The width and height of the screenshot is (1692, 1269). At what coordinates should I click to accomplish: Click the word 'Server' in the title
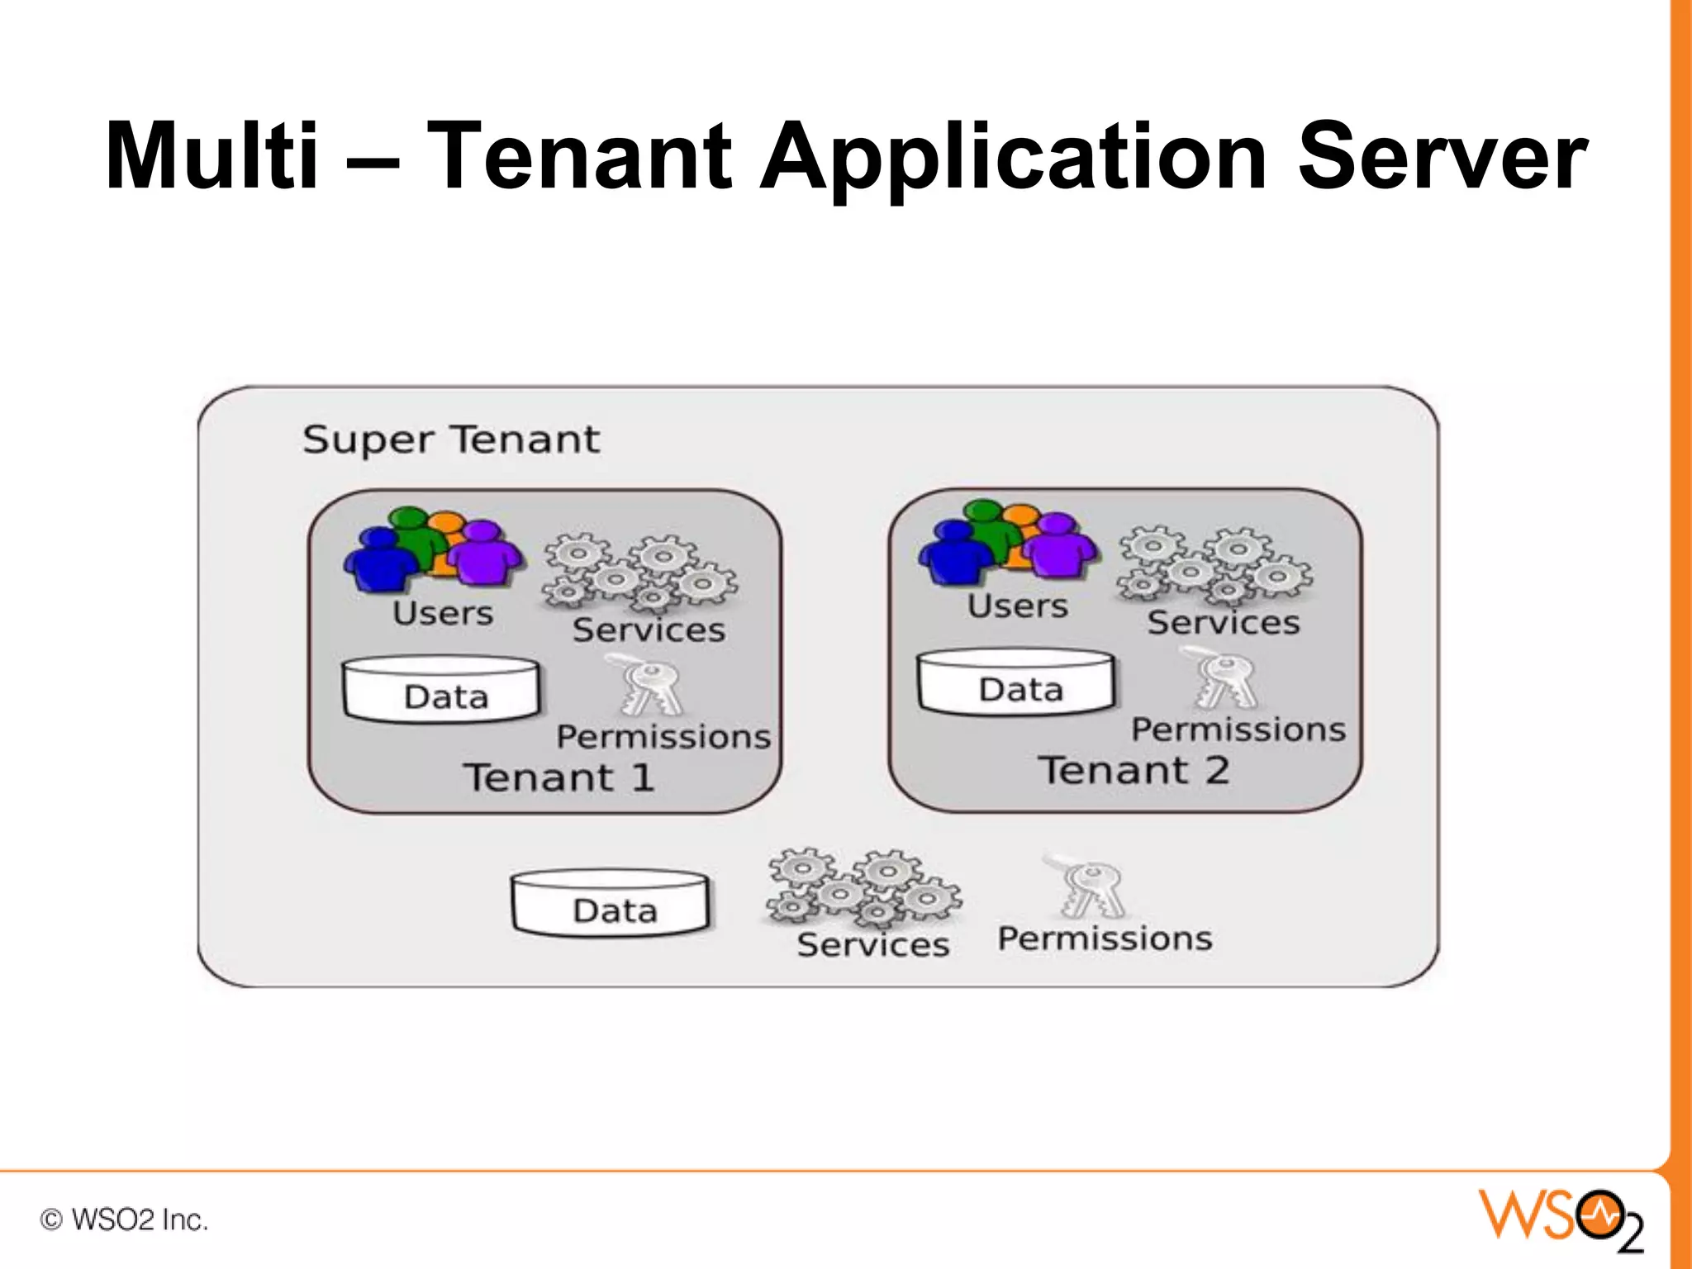point(1442,157)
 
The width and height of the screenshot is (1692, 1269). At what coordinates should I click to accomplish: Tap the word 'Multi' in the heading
point(211,157)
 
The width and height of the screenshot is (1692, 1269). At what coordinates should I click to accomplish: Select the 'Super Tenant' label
point(450,439)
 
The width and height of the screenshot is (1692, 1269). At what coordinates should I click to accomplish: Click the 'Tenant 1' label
point(559,777)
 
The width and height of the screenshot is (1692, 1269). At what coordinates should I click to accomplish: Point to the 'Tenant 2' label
point(1134,770)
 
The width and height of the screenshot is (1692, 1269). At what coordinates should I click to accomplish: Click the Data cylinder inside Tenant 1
point(441,691)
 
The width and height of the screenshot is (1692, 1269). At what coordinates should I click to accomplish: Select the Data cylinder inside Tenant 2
point(1016,682)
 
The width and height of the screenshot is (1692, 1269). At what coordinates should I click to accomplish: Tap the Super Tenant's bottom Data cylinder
point(611,904)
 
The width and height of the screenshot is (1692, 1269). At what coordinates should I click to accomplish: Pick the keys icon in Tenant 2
point(1224,680)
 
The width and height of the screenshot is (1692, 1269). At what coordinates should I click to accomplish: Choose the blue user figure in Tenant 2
point(955,554)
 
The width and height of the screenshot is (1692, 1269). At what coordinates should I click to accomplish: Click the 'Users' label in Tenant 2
point(1017,606)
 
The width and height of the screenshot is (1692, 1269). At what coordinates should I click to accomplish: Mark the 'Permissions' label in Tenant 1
point(663,736)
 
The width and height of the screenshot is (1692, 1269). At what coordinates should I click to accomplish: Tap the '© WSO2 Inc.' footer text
point(124,1219)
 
